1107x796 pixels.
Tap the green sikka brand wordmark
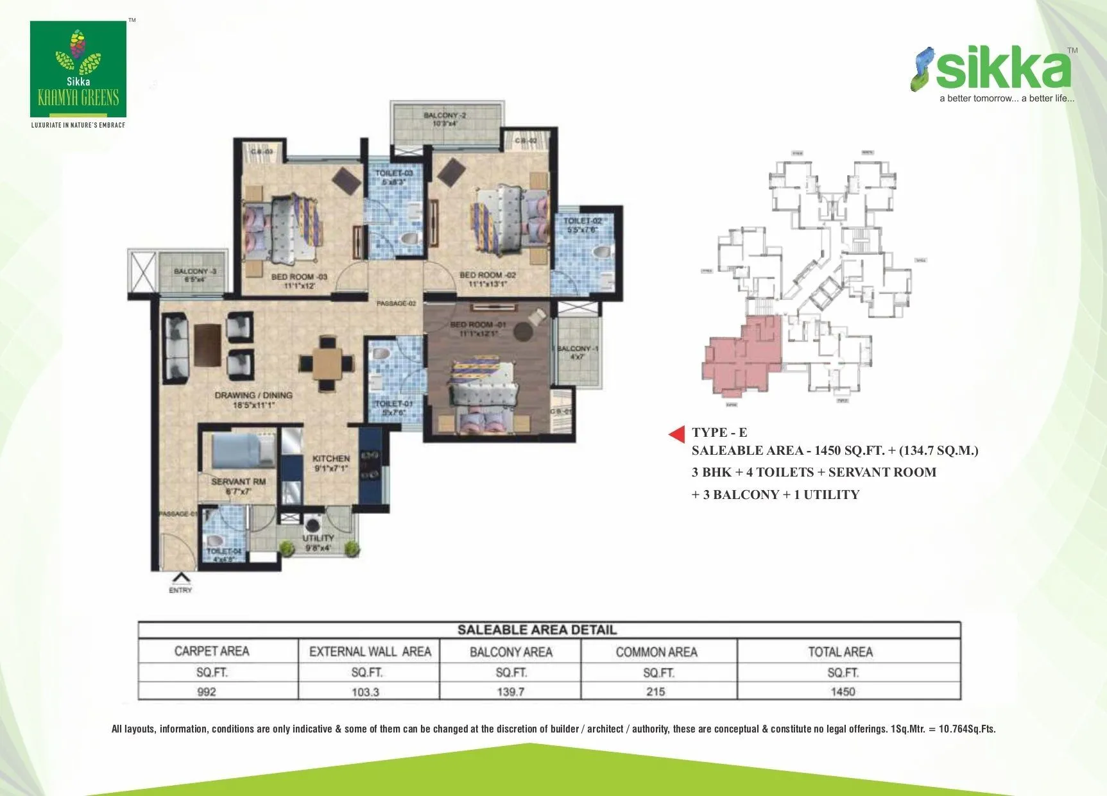pyautogui.click(x=1002, y=70)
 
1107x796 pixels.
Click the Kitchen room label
pyautogui.click(x=330, y=462)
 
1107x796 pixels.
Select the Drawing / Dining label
pyautogui.click(x=253, y=400)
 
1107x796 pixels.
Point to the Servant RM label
pyautogui.click(x=238, y=486)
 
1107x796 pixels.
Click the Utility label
pyautogui.click(x=318, y=542)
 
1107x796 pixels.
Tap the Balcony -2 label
pyautogui.click(x=445, y=119)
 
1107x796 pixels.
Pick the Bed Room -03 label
pyautogui.click(x=299, y=281)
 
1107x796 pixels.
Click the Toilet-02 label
pyautogui.click(x=582, y=224)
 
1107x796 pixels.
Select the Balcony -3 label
pyautogui.click(x=195, y=275)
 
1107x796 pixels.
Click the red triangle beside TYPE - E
pyautogui.click(x=678, y=434)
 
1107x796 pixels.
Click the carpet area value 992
pyautogui.click(x=207, y=691)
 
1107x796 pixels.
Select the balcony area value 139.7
pyautogui.click(x=510, y=691)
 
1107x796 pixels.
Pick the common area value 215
pyautogui.click(x=655, y=691)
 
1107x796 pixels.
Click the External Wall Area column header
pyautogui.click(x=370, y=652)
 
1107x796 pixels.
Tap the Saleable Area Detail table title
pyautogui.click(x=536, y=630)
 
